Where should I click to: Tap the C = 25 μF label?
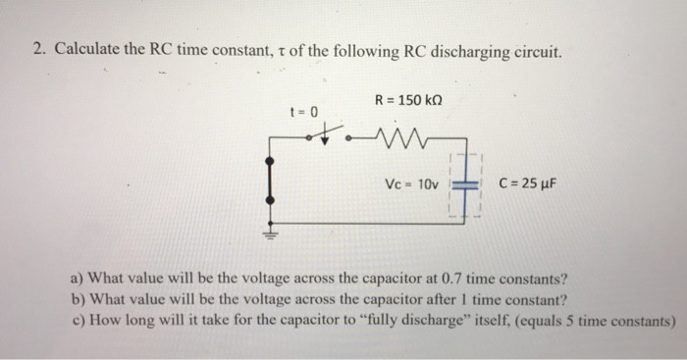coord(532,182)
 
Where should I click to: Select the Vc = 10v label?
coord(415,183)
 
